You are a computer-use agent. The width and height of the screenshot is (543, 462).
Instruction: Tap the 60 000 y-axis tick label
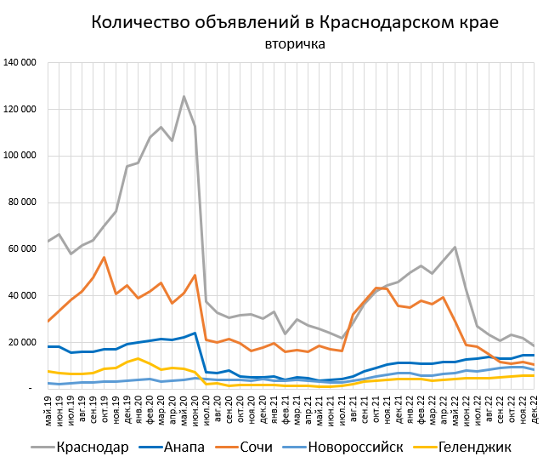(x=22, y=248)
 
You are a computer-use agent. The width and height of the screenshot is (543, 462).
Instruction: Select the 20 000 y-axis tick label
(x=22, y=341)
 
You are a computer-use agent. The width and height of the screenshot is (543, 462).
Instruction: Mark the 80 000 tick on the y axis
(x=22, y=202)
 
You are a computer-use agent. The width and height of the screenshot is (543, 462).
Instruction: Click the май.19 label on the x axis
(x=48, y=408)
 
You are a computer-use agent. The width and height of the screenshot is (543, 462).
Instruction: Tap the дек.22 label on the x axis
(x=534, y=408)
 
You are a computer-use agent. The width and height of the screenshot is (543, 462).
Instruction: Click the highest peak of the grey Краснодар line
(x=184, y=96)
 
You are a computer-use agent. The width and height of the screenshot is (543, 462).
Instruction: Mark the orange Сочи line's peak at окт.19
(x=104, y=257)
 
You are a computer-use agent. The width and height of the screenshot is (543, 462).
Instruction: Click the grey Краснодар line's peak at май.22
(x=455, y=247)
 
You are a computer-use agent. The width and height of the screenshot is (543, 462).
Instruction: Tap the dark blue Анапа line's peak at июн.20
(x=195, y=333)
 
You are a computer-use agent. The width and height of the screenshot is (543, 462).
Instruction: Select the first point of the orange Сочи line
(x=48, y=321)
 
